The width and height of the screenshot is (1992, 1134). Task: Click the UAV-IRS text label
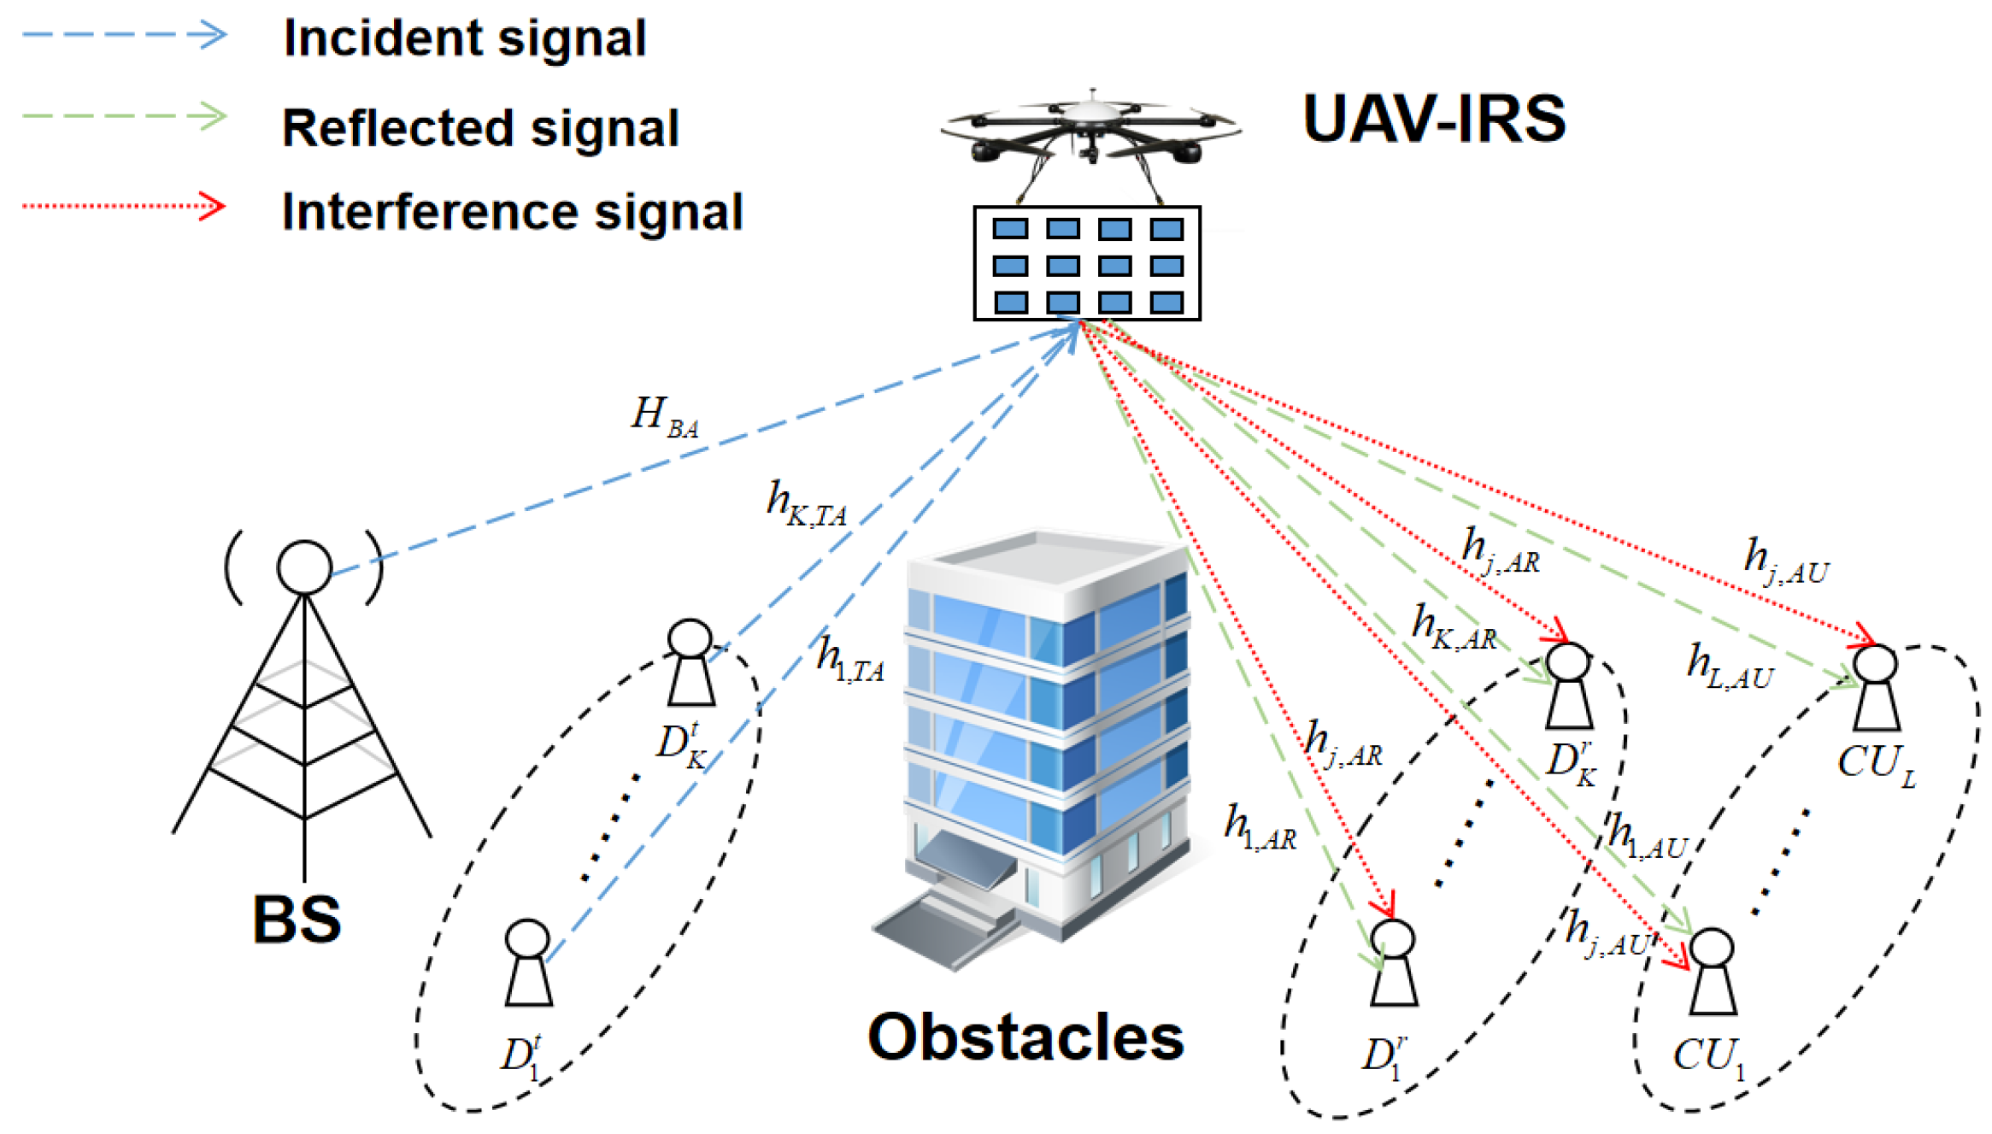[x=1433, y=119]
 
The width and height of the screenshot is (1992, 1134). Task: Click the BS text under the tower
[x=297, y=920]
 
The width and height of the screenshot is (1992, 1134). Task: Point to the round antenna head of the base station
[x=304, y=567]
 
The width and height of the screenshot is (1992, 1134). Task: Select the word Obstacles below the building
[x=1025, y=1037]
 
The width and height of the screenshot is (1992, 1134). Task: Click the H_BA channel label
[x=664, y=417]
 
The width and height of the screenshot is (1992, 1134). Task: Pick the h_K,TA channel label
[x=805, y=504]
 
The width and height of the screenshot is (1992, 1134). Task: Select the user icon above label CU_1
[x=1712, y=972]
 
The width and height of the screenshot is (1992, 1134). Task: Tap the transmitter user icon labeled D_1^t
[x=528, y=963]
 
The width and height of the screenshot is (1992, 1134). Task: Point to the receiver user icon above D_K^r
[x=1569, y=686]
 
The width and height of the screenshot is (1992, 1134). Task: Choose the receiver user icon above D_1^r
[x=1394, y=963]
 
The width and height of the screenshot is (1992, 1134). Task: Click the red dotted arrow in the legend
[x=124, y=206]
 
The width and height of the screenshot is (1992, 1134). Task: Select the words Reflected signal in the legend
[x=480, y=128]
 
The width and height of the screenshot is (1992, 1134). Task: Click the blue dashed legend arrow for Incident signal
[x=124, y=35]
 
